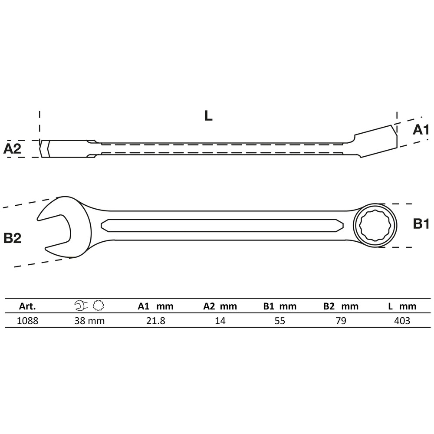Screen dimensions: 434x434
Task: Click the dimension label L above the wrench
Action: (208, 116)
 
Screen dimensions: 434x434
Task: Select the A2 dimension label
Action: (12, 149)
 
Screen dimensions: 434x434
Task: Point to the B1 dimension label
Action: (421, 224)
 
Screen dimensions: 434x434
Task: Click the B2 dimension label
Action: (12, 238)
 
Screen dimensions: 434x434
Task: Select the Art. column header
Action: (27, 306)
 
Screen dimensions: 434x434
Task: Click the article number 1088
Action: (28, 321)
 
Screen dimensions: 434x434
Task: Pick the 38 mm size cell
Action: (90, 321)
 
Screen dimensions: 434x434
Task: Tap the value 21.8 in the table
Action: (155, 321)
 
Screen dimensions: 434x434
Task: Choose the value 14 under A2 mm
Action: (220, 321)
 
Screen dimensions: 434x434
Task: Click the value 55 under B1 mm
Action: (279, 321)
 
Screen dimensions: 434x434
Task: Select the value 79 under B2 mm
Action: (341, 321)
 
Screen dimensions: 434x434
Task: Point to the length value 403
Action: (401, 321)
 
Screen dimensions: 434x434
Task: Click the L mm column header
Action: (401, 306)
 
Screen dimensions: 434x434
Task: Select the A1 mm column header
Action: (155, 306)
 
